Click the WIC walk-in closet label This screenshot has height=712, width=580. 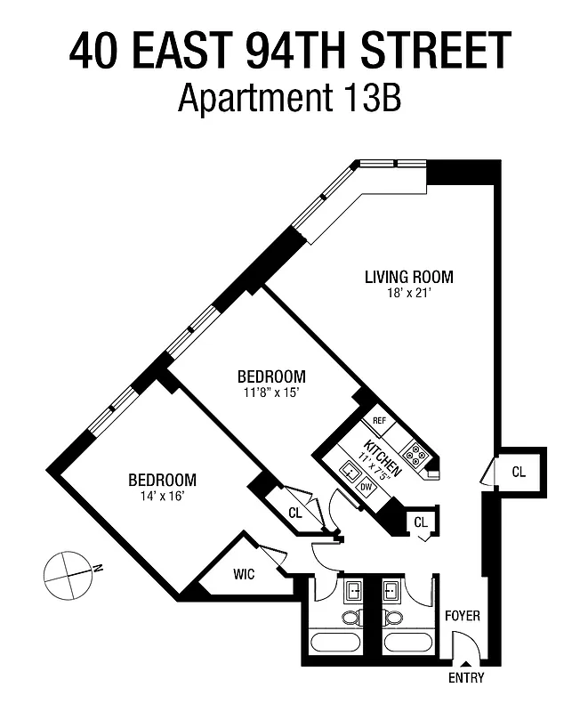[x=244, y=574]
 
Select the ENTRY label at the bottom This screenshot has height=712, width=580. [x=467, y=678]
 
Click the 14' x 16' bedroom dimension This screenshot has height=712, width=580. [x=161, y=496]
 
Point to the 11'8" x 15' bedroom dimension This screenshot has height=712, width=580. [x=270, y=392]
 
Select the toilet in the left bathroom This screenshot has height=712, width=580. [x=352, y=617]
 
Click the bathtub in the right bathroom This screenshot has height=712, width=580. [x=407, y=642]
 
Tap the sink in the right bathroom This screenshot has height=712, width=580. [x=391, y=589]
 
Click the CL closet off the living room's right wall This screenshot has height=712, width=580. [x=518, y=472]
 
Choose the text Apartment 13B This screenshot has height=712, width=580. [x=290, y=98]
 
